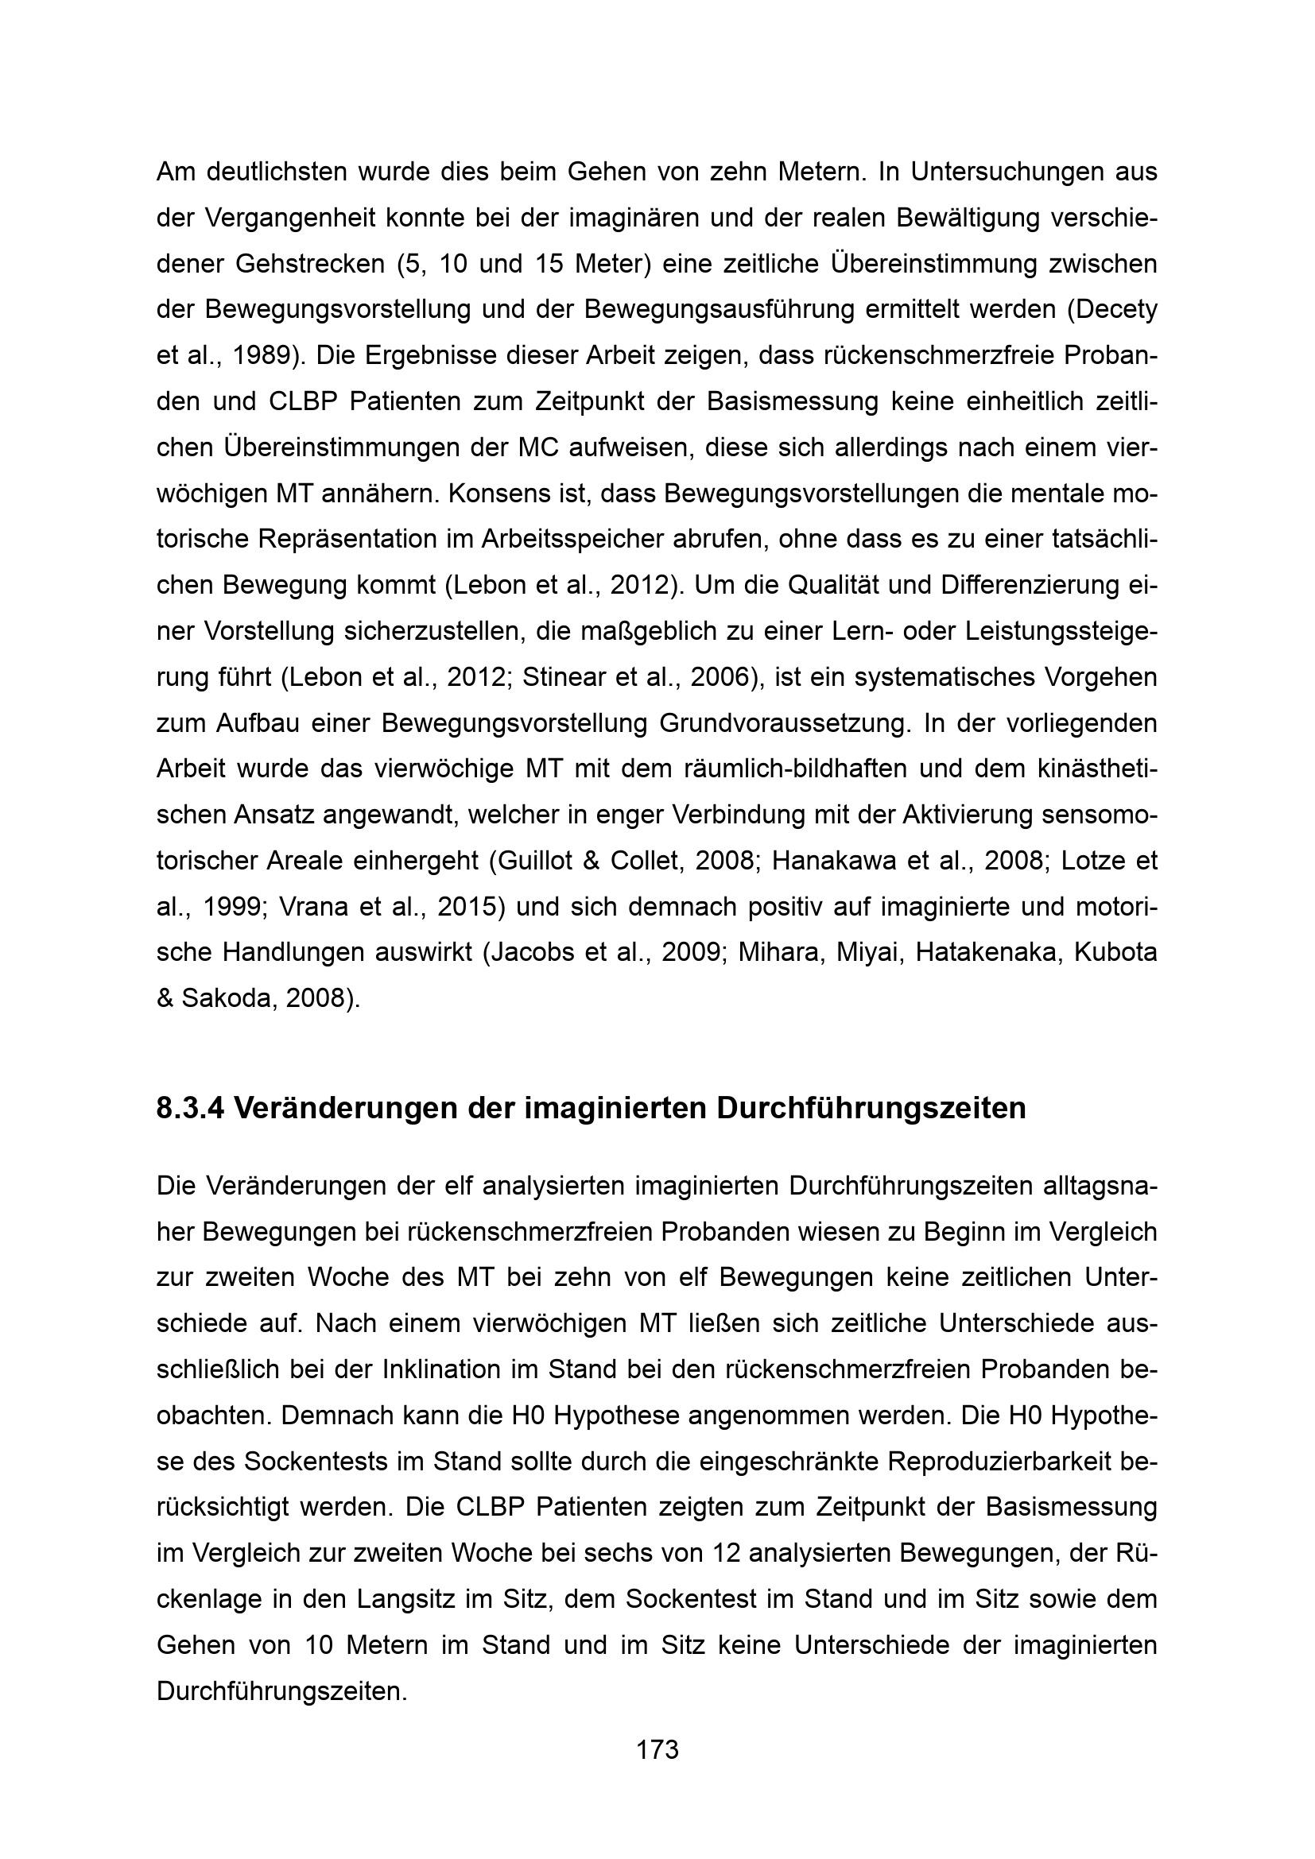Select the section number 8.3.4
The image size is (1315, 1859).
(x=190, y=1108)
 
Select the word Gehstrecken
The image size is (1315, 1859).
(x=310, y=265)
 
